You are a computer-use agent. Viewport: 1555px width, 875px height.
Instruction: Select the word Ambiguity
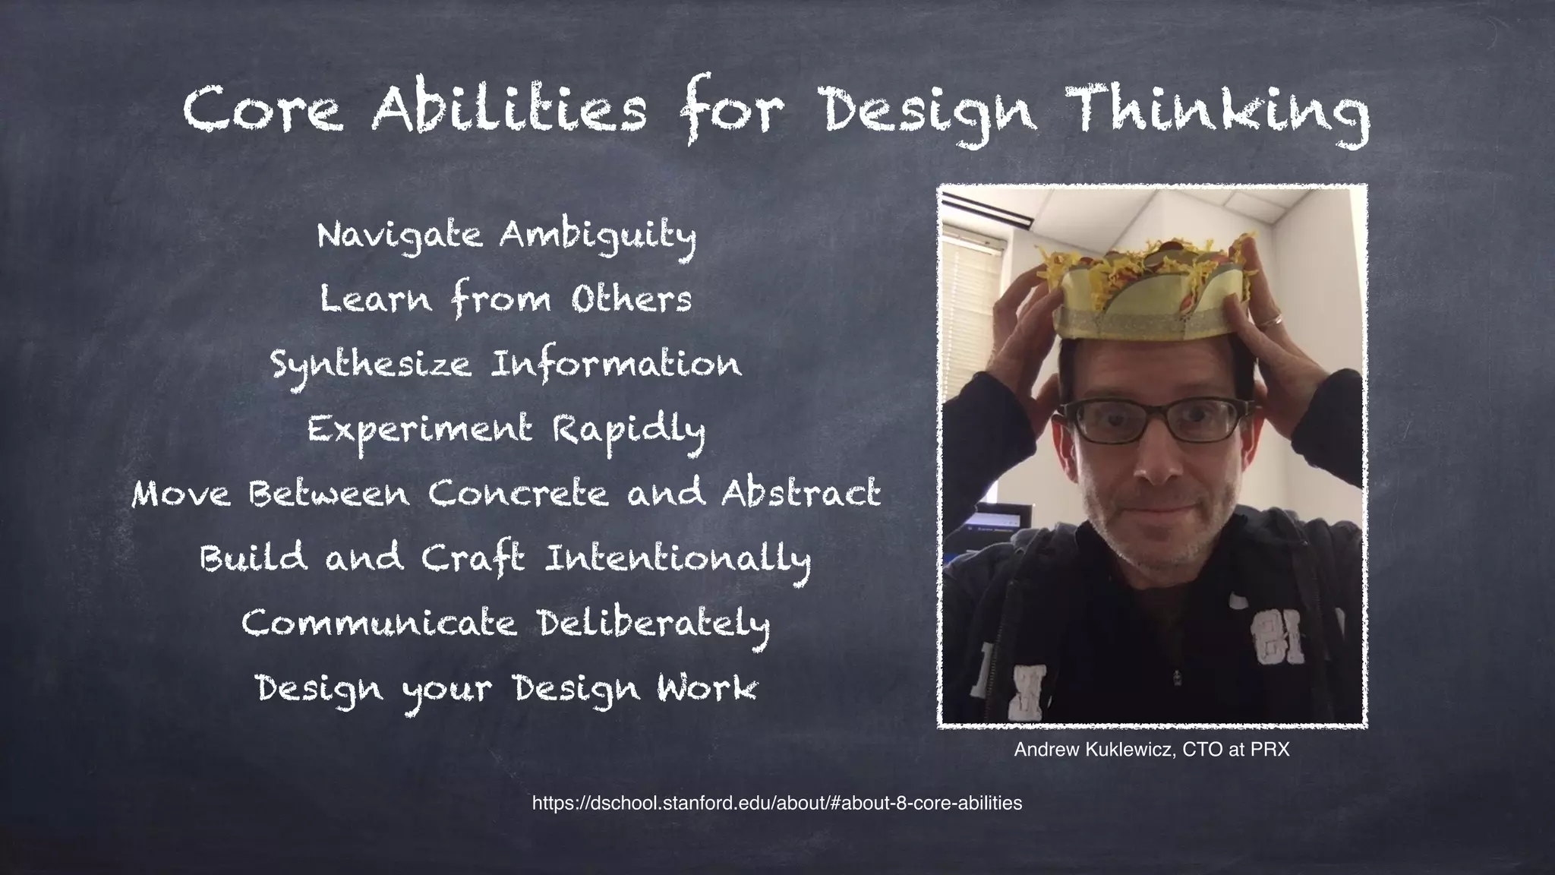(x=598, y=235)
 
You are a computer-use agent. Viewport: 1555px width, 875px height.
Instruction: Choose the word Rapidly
(x=629, y=430)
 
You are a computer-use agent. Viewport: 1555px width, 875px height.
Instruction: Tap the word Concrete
(x=519, y=494)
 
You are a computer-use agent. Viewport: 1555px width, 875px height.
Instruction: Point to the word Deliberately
(x=654, y=624)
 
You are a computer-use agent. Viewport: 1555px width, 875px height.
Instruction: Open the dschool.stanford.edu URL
(x=777, y=803)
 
